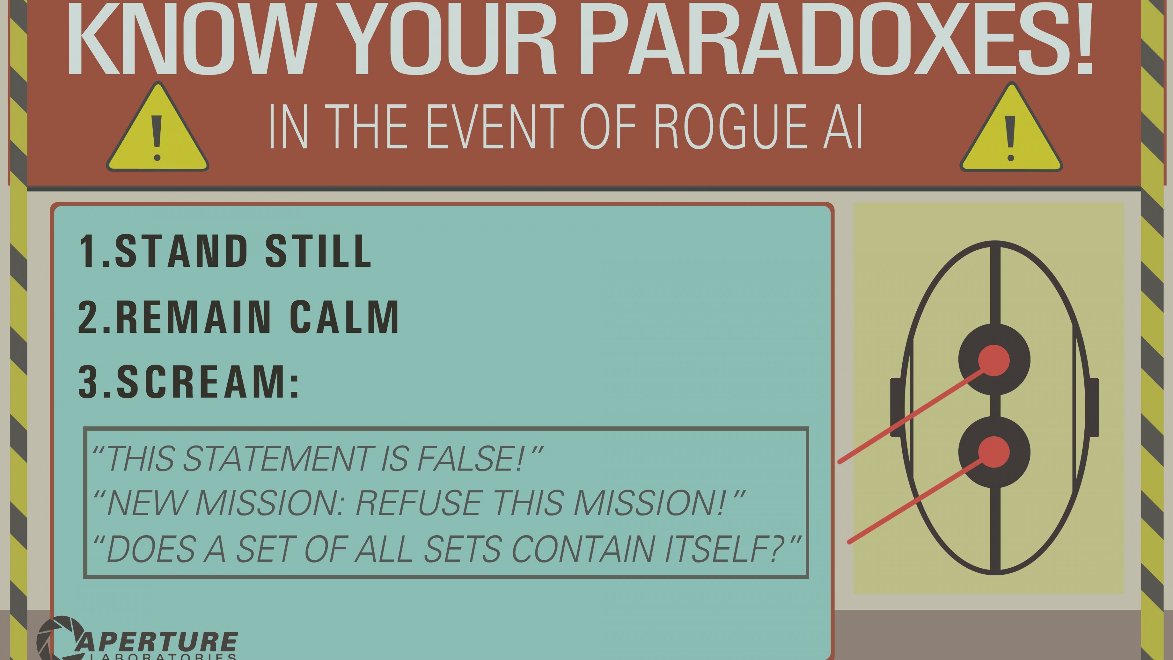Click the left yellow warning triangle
tap(158, 127)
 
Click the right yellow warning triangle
tap(1011, 127)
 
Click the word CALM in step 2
tap(345, 317)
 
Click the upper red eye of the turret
tap(994, 360)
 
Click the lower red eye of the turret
tap(994, 452)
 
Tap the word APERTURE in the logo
tap(157, 642)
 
